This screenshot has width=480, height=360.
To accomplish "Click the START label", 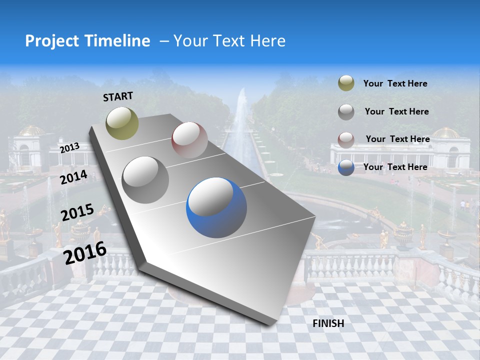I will coord(118,96).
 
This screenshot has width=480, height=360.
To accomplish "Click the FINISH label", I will coord(328,323).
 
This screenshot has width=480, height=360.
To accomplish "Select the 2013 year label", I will coord(69,148).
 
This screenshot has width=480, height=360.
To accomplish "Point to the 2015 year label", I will coord(77,212).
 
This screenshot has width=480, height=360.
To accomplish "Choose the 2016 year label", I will coord(85,252).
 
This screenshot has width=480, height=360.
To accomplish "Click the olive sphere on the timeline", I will coord(122,123).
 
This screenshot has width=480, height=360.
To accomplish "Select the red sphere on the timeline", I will coord(189,140).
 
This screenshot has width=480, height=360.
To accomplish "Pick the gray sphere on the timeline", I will coord(145,179).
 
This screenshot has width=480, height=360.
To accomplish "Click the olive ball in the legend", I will coord(346,83).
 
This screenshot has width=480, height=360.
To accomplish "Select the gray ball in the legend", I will coord(346,112).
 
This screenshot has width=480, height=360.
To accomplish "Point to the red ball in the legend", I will coord(346,139).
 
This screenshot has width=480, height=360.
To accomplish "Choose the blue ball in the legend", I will coord(346,167).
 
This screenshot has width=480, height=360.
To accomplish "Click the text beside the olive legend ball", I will coord(395,84).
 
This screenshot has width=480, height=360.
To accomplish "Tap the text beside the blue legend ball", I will coord(395,167).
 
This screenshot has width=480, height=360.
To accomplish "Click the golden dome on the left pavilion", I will coord(31,131).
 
